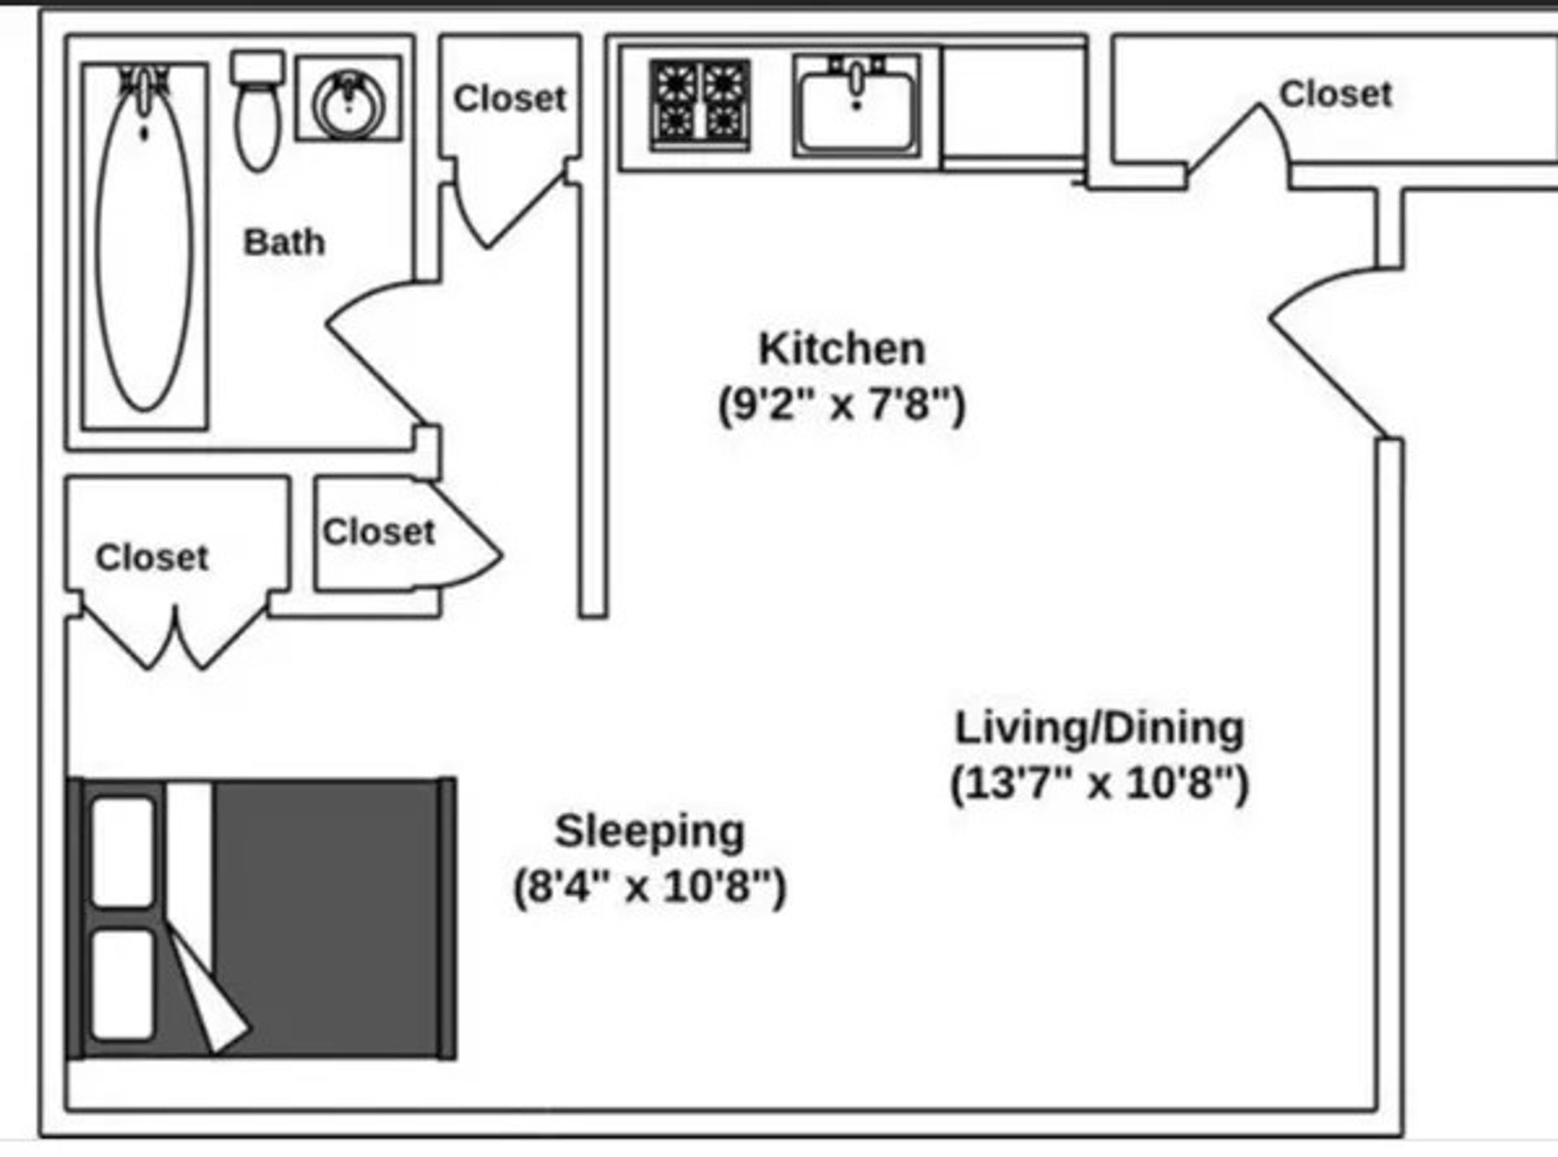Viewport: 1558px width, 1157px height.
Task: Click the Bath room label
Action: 284,242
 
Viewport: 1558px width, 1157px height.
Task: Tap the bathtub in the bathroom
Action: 144,243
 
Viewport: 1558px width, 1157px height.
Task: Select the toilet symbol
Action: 258,114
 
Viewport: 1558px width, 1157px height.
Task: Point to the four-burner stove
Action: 699,105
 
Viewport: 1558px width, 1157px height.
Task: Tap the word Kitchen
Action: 841,349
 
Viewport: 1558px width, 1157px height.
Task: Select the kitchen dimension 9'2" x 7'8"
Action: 841,403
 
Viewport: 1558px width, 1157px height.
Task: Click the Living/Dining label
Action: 1099,728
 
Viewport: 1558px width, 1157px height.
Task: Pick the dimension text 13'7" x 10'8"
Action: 1099,783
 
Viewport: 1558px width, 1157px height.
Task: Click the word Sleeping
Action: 649,831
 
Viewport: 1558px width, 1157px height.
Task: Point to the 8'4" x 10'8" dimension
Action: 649,885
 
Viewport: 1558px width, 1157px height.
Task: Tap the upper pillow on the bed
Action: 123,852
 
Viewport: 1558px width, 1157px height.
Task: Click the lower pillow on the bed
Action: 123,985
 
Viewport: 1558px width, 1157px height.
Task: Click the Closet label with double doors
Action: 152,557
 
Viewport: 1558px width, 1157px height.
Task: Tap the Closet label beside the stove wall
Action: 510,99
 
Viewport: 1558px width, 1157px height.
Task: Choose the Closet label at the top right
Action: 1336,94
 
